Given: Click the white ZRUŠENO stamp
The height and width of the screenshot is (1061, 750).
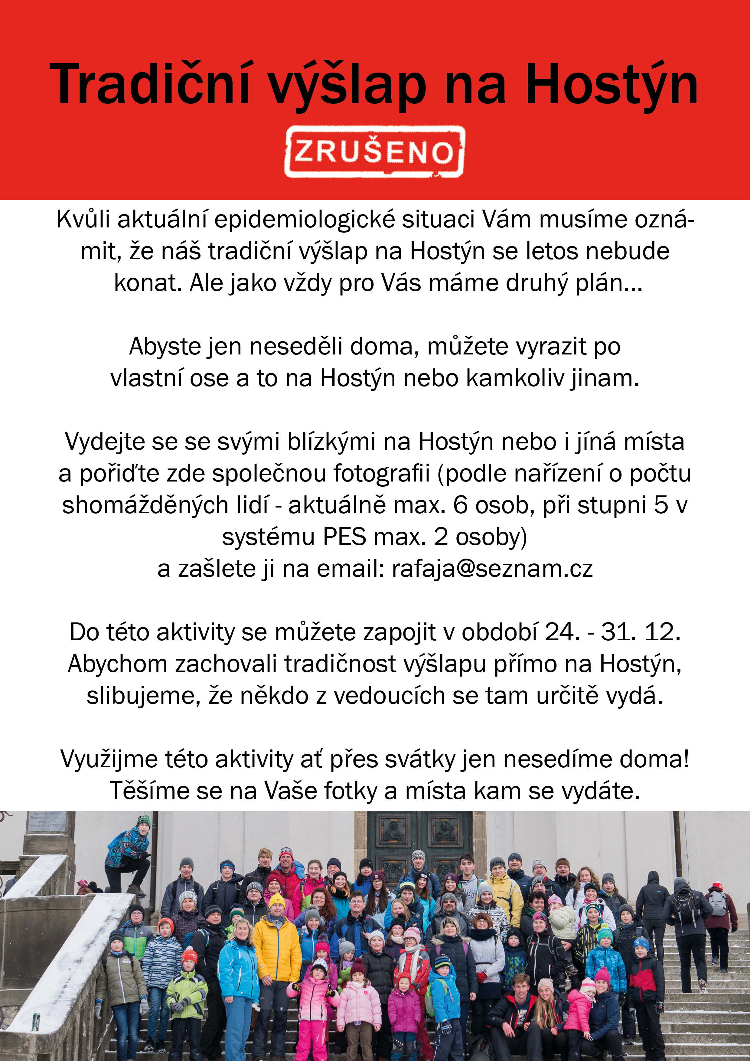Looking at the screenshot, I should pyautogui.click(x=374, y=152).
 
